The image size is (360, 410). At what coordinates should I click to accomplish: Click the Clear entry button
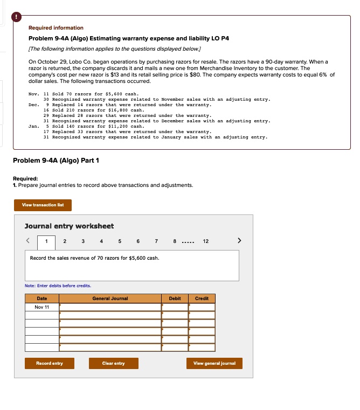113,363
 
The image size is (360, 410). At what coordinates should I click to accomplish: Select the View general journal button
214,363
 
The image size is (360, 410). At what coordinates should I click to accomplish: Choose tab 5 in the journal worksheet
120,241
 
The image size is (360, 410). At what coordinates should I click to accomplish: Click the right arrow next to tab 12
240,241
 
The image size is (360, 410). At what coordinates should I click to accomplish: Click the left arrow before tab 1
30,241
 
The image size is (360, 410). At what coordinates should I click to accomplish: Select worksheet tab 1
46,241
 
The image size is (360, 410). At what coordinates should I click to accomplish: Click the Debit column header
175,298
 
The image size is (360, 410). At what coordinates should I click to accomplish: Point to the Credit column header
202,298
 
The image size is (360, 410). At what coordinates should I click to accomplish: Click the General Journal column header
110,298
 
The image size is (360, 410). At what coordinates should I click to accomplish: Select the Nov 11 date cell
41,307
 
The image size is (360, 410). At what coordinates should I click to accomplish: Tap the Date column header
41,298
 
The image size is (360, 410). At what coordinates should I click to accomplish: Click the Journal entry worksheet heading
69,226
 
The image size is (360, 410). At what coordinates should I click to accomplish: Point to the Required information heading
56,27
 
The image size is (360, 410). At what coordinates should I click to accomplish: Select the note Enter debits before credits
58,286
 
